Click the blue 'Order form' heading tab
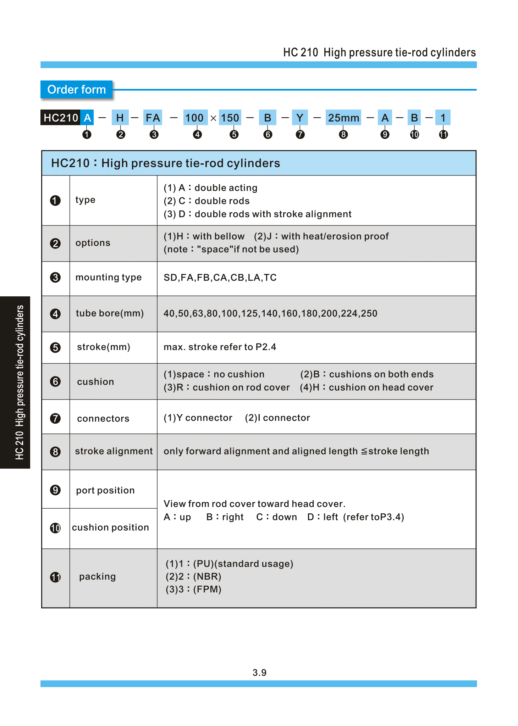click(76, 89)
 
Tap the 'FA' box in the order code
click(153, 118)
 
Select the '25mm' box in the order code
click(343, 118)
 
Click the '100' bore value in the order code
click(194, 118)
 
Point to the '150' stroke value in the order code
click(230, 118)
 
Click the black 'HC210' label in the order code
click(61, 118)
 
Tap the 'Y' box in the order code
click(300, 118)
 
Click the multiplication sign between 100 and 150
click(213, 118)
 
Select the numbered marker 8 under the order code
click(343, 135)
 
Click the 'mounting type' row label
click(109, 277)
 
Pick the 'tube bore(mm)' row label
click(110, 313)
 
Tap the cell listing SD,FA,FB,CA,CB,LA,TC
click(220, 278)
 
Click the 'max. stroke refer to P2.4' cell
click(220, 347)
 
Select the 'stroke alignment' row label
click(114, 451)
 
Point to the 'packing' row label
click(98, 577)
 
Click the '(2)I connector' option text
click(277, 418)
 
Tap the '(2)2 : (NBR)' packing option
click(193, 577)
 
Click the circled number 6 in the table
click(55, 381)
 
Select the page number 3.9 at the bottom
click(259, 672)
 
